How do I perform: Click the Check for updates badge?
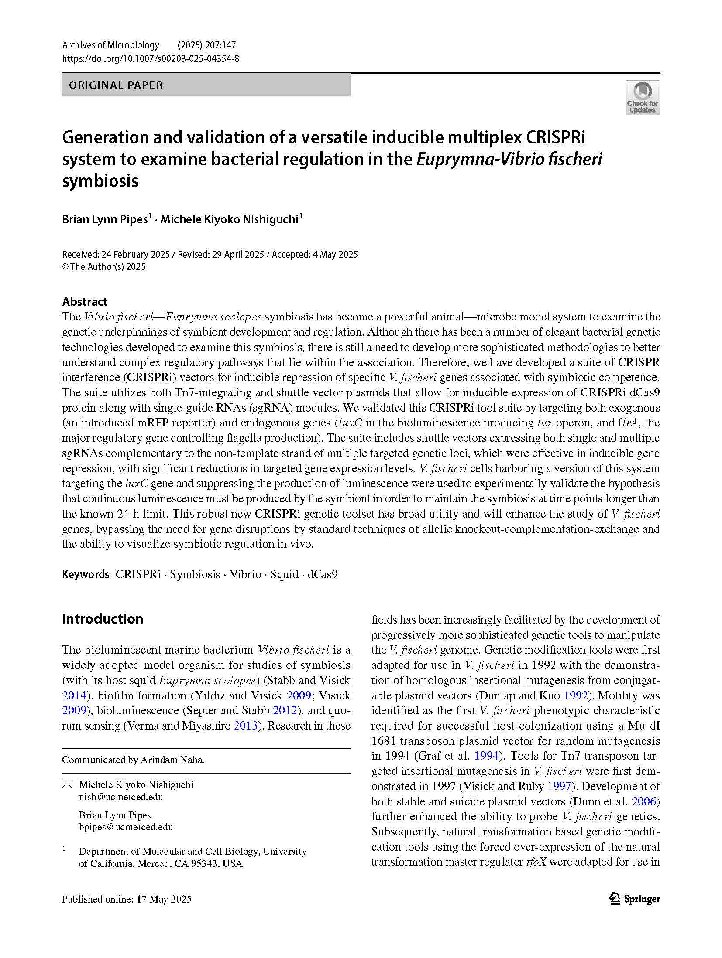(x=642, y=98)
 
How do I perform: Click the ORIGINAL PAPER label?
(x=116, y=85)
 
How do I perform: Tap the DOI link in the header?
(x=151, y=58)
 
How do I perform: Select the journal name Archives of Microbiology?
(x=111, y=45)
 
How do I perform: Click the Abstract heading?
(x=85, y=301)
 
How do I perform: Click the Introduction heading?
(x=103, y=618)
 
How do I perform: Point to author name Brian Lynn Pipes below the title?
(x=105, y=219)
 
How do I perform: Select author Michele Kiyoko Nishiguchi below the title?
(x=229, y=219)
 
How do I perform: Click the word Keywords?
(x=86, y=574)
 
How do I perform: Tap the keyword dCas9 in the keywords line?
(x=323, y=574)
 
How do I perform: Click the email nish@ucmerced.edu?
(x=121, y=797)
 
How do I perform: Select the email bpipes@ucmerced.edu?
(x=126, y=827)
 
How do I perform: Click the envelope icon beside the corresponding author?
(x=67, y=785)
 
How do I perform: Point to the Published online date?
(x=127, y=899)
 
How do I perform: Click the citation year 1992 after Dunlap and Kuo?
(x=576, y=695)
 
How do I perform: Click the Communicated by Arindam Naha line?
(x=133, y=760)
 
